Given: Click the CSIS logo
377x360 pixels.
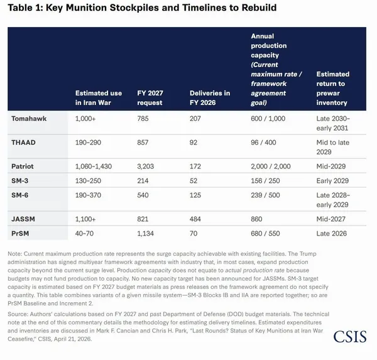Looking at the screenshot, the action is coord(350,336).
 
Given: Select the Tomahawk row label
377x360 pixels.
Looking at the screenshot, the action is coord(29,119).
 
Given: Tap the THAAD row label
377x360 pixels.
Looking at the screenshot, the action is coord(23,143).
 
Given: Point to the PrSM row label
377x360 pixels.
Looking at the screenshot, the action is coord(20,234).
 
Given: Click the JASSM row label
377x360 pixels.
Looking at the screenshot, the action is coord(23,219).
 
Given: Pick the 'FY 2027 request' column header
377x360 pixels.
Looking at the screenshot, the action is coord(150,98).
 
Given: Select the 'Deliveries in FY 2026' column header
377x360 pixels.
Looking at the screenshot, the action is coord(210,98).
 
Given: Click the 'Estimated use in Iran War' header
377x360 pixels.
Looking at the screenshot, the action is coord(99,98).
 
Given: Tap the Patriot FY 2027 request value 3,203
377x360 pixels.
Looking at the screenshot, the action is coord(146,166).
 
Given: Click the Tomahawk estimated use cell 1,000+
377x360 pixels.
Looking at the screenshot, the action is coord(85,119).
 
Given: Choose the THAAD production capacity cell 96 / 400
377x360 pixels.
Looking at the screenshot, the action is coord(263,143).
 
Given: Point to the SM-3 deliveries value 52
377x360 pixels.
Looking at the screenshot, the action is coord(194,181).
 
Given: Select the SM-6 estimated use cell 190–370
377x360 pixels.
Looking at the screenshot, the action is coord(88,195).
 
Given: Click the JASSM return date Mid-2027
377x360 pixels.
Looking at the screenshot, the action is coord(331,219).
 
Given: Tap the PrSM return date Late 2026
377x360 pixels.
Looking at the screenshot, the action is coord(332,234).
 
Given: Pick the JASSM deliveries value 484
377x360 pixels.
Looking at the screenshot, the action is coord(195,219).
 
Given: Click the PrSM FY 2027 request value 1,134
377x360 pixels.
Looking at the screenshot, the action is coord(145,234).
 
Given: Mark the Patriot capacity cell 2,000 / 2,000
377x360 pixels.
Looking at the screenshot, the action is coord(271,166).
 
